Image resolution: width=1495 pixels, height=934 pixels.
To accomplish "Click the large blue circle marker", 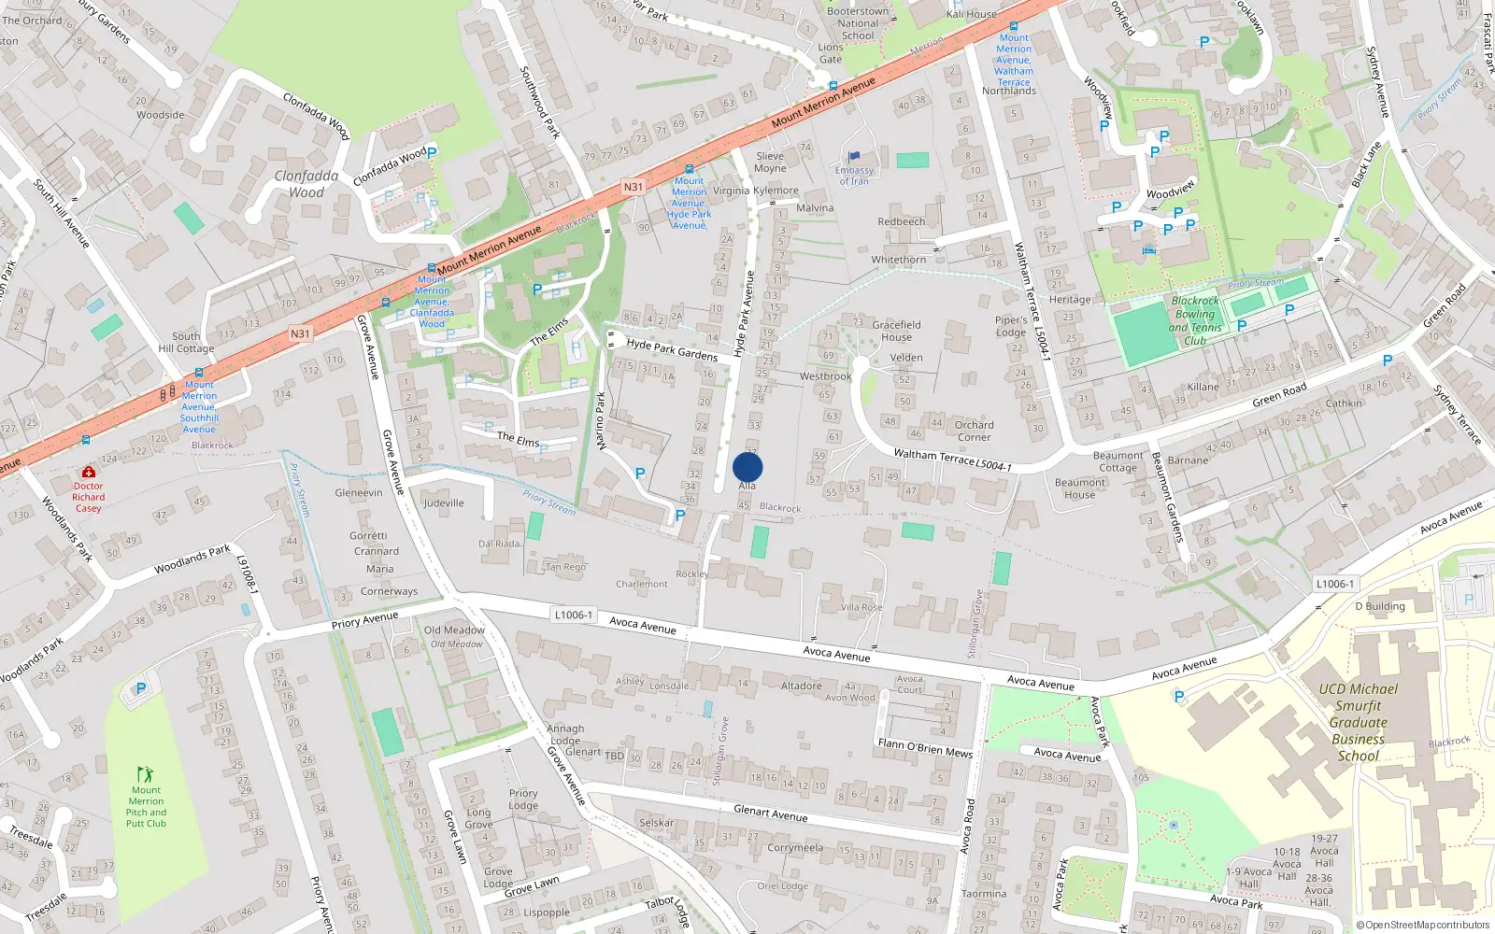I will (747, 467).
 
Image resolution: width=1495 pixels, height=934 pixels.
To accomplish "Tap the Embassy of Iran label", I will (854, 176).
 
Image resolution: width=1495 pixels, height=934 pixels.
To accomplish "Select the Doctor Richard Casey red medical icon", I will (88, 473).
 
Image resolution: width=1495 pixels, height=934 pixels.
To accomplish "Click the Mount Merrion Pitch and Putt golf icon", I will (145, 774).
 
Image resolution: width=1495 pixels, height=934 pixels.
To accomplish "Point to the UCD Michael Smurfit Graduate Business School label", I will (1358, 722).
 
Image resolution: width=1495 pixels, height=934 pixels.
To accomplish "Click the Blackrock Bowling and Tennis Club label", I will (1195, 320).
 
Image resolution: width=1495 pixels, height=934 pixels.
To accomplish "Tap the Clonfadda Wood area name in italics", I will (306, 184).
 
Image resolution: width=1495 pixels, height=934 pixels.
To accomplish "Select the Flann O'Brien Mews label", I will (924, 747).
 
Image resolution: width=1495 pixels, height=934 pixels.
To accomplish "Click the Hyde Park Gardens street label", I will (672, 349).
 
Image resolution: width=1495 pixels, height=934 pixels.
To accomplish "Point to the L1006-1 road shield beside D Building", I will (1334, 584).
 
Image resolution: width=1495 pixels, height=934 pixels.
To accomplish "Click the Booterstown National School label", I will (858, 23).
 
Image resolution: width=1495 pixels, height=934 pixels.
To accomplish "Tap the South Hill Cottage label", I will (186, 342).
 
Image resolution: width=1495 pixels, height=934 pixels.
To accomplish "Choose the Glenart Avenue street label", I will (770, 814).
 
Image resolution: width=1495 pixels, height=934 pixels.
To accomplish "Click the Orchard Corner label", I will (974, 431).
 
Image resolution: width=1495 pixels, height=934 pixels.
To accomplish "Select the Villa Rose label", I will (861, 607).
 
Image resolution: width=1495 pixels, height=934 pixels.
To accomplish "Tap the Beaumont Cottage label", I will (1118, 461).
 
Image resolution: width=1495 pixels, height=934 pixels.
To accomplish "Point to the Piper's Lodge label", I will (1011, 326).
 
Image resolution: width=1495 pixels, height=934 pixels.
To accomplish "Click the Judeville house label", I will (443, 502).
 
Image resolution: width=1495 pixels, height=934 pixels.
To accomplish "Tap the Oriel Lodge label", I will (782, 886).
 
